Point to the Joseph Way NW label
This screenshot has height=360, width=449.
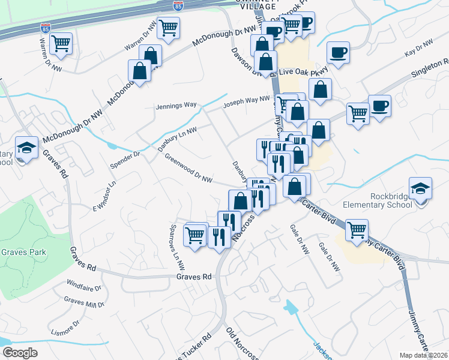tap(247, 103)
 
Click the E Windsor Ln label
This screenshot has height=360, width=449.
tap(103, 196)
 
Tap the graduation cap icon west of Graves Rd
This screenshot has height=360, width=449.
tap(26, 149)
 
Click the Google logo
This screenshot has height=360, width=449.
tap(20, 353)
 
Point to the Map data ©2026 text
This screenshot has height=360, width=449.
tap(424, 355)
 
